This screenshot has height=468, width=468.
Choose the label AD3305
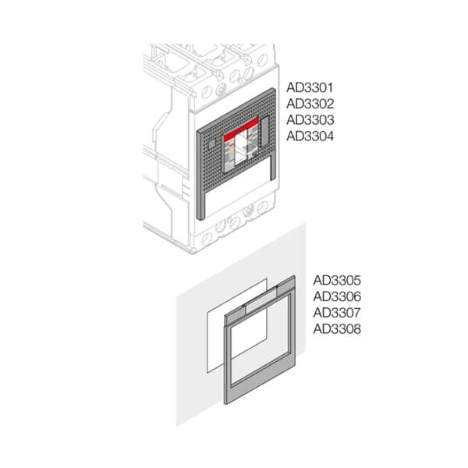point(336,279)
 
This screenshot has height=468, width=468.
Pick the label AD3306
point(336,296)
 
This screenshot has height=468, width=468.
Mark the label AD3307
point(336,312)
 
